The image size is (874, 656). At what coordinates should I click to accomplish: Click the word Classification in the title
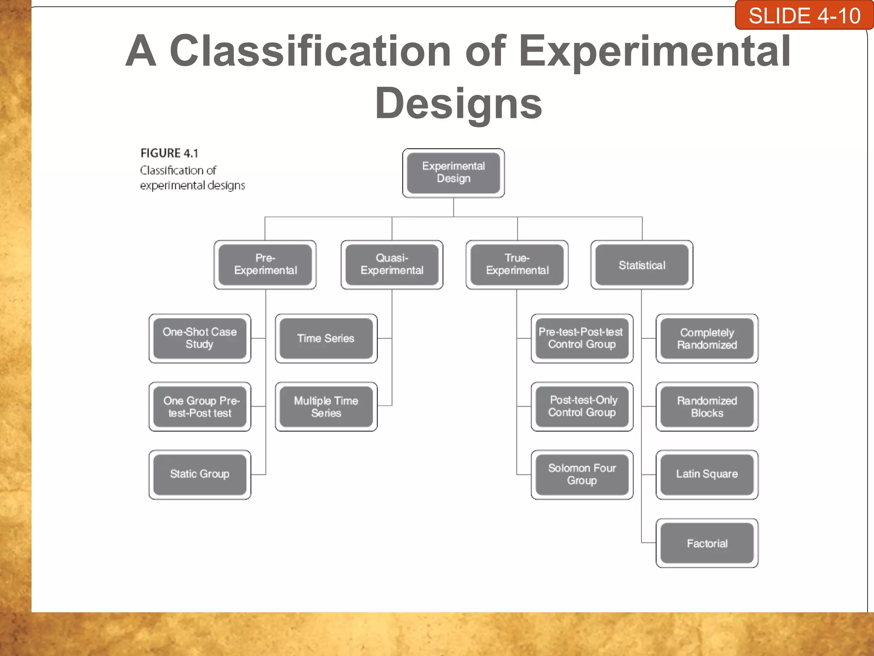[310, 51]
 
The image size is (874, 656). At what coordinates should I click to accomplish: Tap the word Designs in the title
[458, 103]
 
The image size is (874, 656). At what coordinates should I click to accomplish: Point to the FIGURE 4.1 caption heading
[169, 153]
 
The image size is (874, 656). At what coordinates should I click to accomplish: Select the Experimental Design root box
[453, 173]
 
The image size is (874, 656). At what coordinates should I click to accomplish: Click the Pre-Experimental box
[265, 264]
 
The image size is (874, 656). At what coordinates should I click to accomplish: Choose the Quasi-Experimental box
[392, 264]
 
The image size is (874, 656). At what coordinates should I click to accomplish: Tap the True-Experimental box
[517, 264]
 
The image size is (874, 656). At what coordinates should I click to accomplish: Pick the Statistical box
[641, 265]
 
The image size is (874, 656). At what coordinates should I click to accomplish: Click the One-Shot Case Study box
[200, 338]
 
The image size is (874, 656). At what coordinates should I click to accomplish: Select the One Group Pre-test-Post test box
[200, 407]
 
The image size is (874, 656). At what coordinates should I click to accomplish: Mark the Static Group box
[200, 474]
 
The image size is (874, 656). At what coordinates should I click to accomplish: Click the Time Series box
[326, 338]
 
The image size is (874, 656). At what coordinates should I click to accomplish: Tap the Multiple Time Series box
[326, 407]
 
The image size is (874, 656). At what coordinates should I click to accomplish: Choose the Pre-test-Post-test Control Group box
[582, 338]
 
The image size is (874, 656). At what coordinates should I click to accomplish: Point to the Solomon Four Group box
[582, 474]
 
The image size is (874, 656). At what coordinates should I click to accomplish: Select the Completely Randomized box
[707, 338]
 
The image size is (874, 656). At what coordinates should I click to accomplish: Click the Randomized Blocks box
[707, 407]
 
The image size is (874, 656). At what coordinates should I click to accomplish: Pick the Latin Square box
[707, 474]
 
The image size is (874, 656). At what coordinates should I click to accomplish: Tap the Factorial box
[707, 543]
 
